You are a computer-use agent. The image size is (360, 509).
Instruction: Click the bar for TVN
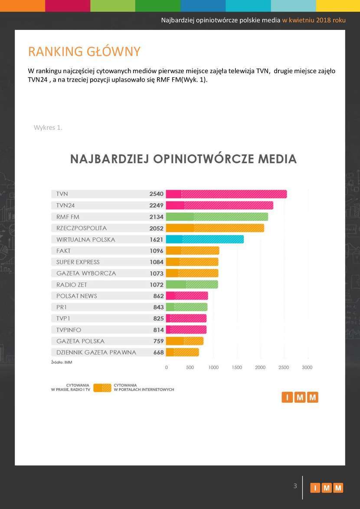(x=226, y=194)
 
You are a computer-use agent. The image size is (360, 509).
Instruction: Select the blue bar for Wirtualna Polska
(x=205, y=239)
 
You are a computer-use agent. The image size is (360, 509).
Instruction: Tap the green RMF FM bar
(x=217, y=217)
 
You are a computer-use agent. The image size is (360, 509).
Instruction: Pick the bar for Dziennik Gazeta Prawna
(x=182, y=352)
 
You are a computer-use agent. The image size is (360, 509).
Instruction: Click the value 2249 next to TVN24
(x=156, y=206)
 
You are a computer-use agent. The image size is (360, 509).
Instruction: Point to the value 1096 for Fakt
(x=156, y=251)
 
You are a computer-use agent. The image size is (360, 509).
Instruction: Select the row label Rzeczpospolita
(x=82, y=228)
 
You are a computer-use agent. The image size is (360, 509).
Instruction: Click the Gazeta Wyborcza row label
(x=86, y=273)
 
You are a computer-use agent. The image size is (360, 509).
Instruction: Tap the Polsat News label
(x=77, y=296)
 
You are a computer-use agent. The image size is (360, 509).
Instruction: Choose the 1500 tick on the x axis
(x=237, y=368)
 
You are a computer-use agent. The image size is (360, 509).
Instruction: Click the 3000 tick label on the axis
(x=307, y=368)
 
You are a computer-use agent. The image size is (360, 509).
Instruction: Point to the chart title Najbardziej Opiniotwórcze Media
(x=183, y=159)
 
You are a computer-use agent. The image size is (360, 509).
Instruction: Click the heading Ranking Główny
(x=84, y=52)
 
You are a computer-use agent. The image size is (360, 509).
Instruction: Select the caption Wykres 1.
(x=48, y=127)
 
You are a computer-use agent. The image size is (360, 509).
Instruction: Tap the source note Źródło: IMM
(x=62, y=362)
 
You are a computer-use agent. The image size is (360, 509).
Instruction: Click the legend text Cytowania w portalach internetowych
(x=144, y=387)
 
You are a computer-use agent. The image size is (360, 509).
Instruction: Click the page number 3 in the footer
(x=295, y=486)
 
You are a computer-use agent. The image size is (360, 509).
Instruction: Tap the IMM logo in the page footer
(x=327, y=488)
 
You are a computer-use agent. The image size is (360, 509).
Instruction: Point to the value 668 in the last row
(x=158, y=352)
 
